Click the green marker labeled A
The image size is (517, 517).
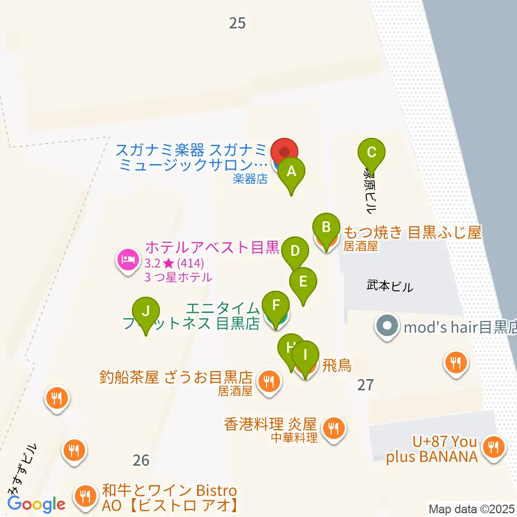(x=291, y=172)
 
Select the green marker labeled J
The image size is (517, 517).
(x=146, y=311)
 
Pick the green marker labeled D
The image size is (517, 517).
(x=295, y=251)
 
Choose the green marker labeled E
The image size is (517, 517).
(x=303, y=282)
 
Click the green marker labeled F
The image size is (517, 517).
(x=276, y=306)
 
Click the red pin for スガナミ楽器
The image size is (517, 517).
(x=284, y=150)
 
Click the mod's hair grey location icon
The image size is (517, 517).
(x=387, y=326)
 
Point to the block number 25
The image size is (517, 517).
(x=237, y=23)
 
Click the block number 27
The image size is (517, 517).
(x=365, y=385)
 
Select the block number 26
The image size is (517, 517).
(x=141, y=460)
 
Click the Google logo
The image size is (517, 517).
(x=37, y=504)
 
